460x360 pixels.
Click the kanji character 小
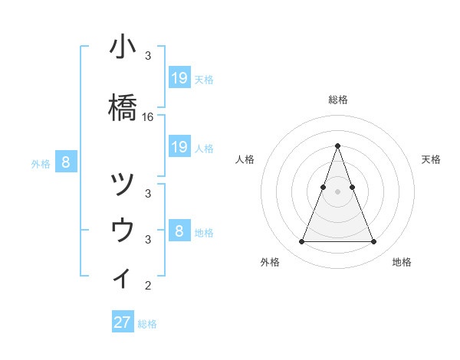[x=123, y=47]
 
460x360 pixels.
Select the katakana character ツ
[x=123, y=185]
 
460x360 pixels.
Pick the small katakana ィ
[x=123, y=277]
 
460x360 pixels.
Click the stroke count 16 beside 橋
[x=148, y=117]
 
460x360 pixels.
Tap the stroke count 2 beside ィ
[x=148, y=286]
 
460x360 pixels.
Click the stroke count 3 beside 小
[x=148, y=56]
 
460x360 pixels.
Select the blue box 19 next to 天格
[x=179, y=78]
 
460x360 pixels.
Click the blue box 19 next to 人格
[x=179, y=147]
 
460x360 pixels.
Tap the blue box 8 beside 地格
[x=179, y=231]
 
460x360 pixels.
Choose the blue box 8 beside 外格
[x=66, y=162]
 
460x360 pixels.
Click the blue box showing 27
[x=123, y=322]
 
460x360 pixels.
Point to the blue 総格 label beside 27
[x=147, y=324]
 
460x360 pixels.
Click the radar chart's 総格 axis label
[x=337, y=100]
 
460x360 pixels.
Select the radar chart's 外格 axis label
[x=270, y=262]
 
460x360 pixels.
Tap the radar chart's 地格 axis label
[x=402, y=262]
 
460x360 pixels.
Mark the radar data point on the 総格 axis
[x=337, y=146]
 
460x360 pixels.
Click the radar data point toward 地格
[x=373, y=242]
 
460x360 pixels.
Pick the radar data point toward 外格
[x=301, y=242]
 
